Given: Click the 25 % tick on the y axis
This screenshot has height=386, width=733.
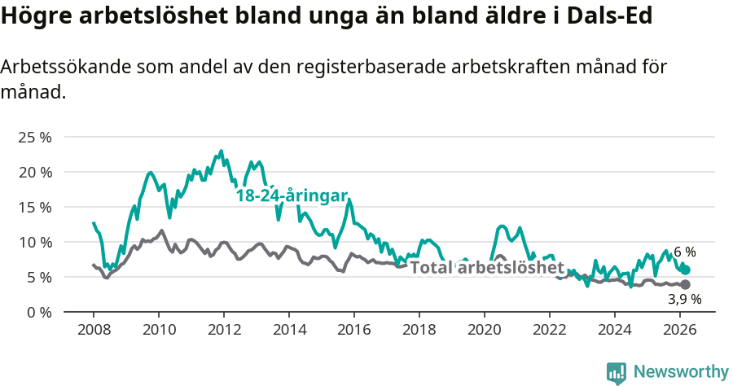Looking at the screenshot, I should click(34, 138).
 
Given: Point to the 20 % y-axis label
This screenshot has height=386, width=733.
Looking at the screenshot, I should click(34, 173).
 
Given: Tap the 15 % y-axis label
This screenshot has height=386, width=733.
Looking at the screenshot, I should click(34, 208).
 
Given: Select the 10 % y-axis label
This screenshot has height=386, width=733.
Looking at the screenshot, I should click(34, 243).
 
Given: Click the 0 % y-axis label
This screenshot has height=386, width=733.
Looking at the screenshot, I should click(38, 313).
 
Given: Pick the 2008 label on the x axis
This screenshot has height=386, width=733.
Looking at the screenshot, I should click(94, 330).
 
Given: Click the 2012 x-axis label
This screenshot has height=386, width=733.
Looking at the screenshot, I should click(224, 330).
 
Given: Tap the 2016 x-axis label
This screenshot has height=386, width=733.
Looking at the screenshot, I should click(354, 330).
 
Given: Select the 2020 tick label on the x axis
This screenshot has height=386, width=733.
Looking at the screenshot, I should click(485, 330).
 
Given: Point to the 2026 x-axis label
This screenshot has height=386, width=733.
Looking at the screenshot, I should click(680, 330).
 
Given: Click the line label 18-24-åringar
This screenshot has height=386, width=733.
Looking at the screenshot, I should click(292, 195).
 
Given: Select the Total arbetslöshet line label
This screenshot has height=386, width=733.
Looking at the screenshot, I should click(486, 268).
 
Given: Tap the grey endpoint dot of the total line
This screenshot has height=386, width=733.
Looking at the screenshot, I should click(686, 284).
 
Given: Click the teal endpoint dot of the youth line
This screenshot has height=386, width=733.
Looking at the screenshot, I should click(686, 270).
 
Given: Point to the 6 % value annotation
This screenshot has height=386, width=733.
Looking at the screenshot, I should click(684, 252).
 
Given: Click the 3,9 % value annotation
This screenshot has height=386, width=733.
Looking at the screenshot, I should click(684, 299).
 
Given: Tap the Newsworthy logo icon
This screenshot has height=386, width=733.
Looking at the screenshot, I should click(617, 372).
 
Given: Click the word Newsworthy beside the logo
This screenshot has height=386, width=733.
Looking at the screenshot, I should click(681, 372).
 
